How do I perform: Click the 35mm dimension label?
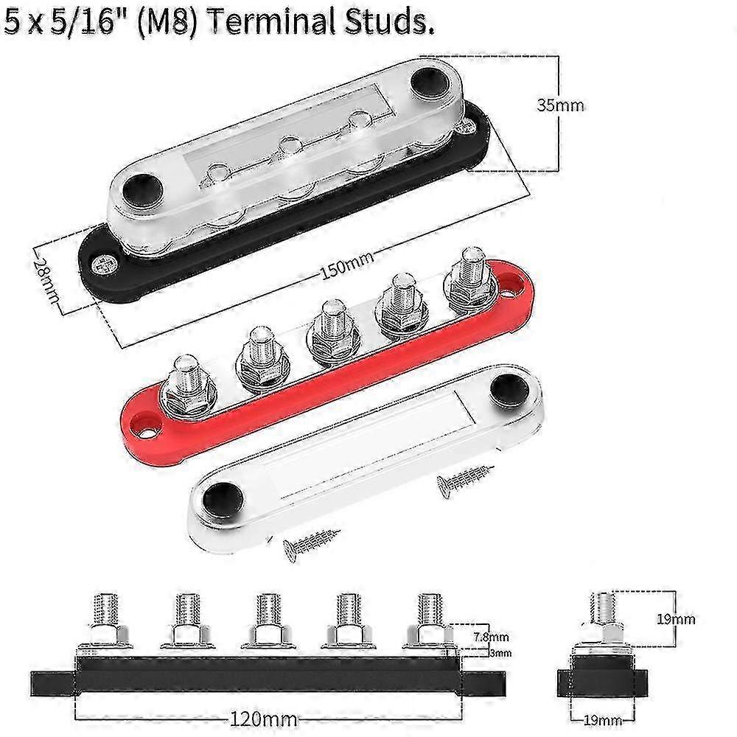(x=560, y=105)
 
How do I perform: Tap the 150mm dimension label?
(x=347, y=265)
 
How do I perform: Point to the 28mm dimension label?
(x=46, y=280)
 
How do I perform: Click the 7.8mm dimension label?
(x=491, y=637)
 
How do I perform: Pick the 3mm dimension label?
(x=500, y=653)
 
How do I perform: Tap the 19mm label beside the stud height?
(x=676, y=619)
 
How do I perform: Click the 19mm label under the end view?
(x=603, y=720)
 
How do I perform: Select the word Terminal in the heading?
(x=270, y=21)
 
